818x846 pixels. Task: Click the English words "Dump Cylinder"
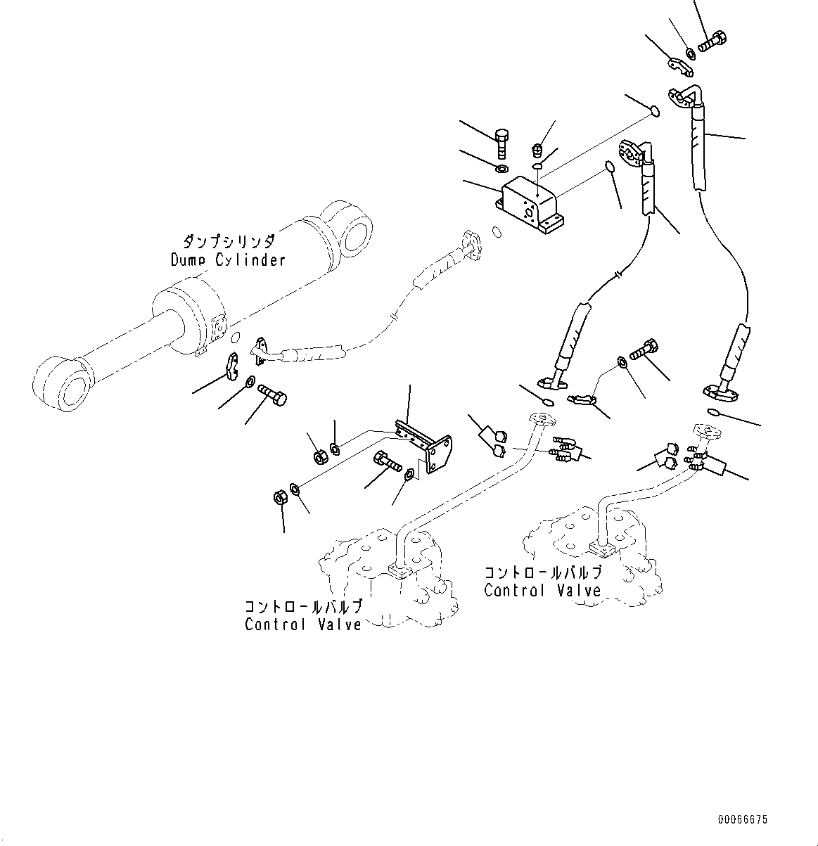point(228,260)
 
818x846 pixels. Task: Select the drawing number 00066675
point(743,820)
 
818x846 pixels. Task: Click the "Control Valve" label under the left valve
point(303,624)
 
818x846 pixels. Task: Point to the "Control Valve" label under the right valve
point(542,591)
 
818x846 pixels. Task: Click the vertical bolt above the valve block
point(501,143)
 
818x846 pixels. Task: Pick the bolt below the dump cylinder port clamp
point(273,392)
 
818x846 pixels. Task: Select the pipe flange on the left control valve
point(399,569)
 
